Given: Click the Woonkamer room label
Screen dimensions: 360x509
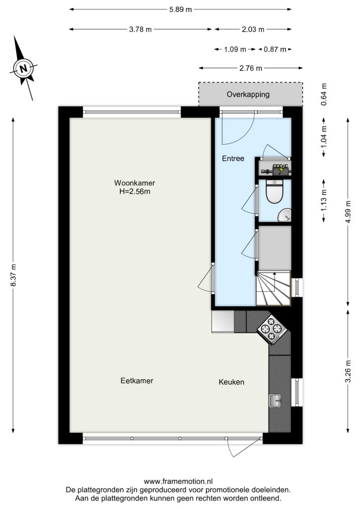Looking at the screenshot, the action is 134,183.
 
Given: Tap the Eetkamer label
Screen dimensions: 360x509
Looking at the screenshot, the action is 137,380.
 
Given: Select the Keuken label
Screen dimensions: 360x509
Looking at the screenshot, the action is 231,382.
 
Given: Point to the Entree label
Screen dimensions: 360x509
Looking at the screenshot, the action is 233,159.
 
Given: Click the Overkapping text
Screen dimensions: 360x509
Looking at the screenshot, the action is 248,94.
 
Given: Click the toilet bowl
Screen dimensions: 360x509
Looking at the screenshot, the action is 274,192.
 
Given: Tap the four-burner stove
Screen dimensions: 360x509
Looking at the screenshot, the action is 272,329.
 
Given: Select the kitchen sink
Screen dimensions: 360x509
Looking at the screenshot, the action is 275,400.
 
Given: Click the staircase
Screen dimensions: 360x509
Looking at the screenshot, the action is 273,288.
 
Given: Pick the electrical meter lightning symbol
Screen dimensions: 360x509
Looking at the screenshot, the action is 281,170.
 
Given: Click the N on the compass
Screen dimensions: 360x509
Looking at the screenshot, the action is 23,69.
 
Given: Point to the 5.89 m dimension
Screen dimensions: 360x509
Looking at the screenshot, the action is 180,9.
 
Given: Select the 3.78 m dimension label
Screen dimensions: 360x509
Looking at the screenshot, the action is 140,29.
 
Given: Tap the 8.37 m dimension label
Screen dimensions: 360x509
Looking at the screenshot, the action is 13,275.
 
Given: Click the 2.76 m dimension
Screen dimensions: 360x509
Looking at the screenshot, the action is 251,68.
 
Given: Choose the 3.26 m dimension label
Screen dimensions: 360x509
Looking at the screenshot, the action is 348,371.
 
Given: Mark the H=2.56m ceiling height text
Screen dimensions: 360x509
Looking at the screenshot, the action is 135,191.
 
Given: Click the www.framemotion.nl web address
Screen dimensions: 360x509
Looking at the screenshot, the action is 178,481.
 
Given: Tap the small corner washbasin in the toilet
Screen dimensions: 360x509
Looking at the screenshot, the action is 285,215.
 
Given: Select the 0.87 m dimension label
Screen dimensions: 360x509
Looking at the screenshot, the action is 275,49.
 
